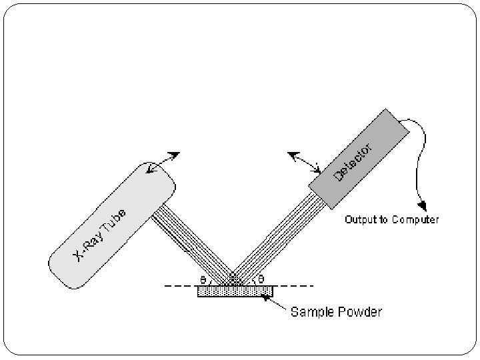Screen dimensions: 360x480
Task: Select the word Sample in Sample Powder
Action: coord(310,311)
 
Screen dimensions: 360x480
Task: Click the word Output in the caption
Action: coord(361,219)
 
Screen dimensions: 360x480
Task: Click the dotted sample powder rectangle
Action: coord(235,291)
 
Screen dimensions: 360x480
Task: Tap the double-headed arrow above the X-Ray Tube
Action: coord(163,163)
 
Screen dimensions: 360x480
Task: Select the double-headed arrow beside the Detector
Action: coord(304,162)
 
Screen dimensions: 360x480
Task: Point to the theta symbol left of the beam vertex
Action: coord(203,279)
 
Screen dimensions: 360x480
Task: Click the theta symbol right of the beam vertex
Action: coord(261,279)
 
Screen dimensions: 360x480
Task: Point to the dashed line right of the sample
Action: coord(293,286)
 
